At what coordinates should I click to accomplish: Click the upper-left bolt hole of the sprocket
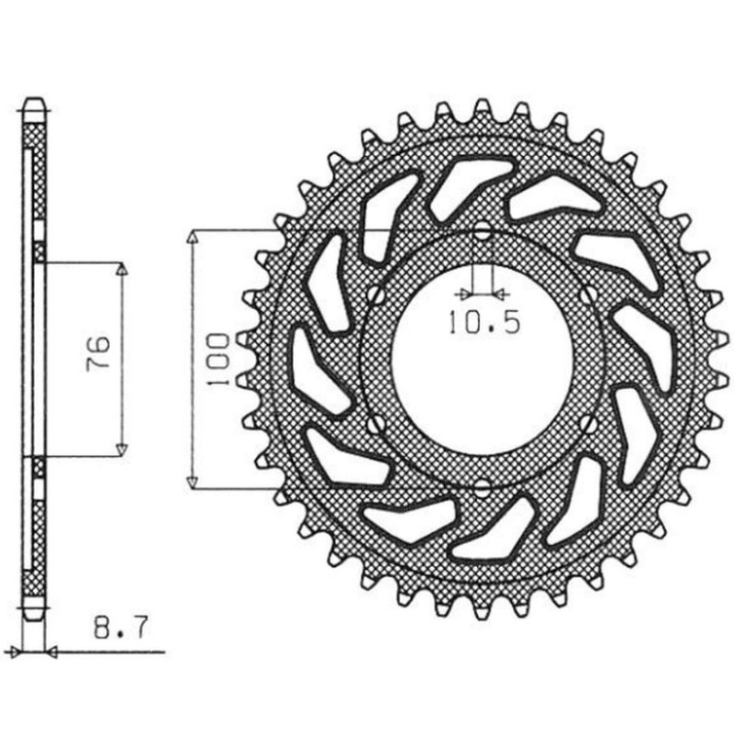[x=374, y=294]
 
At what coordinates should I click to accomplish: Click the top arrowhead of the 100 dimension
[x=192, y=239]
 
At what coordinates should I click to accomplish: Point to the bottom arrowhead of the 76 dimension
[x=121, y=450]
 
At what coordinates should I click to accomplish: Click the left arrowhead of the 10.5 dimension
[x=463, y=294]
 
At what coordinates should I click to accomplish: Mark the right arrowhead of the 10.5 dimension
[x=501, y=294]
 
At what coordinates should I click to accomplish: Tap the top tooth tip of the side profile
[x=37, y=98]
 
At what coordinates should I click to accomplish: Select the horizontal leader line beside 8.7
[x=110, y=653]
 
